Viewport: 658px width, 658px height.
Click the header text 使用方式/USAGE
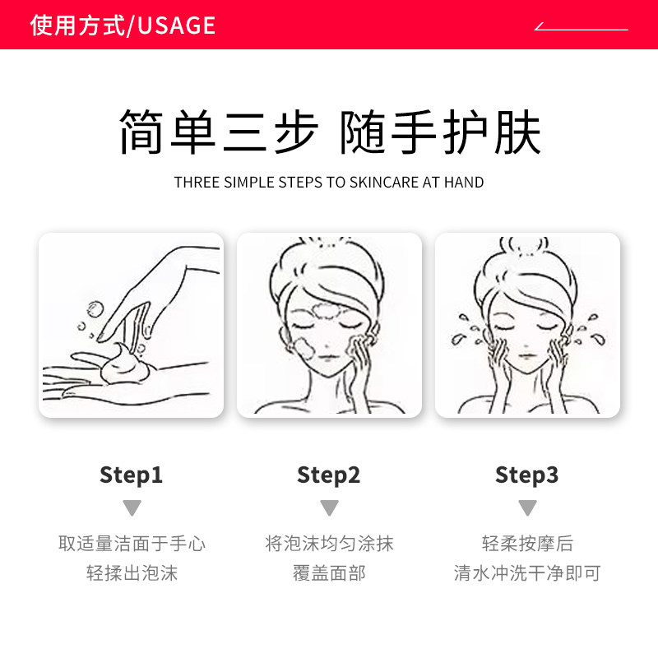(x=123, y=25)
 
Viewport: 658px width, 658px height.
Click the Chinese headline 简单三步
(x=218, y=132)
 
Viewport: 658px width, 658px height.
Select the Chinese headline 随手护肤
(x=441, y=132)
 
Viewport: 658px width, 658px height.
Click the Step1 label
(x=132, y=475)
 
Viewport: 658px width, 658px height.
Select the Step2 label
(x=329, y=475)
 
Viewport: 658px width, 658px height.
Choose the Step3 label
(x=526, y=475)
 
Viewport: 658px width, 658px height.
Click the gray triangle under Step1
(x=132, y=507)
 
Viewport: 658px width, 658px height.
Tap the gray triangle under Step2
(x=329, y=507)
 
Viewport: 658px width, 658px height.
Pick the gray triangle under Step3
(x=527, y=507)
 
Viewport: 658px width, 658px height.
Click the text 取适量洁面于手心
(x=132, y=544)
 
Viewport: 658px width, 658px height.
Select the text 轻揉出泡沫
(x=132, y=572)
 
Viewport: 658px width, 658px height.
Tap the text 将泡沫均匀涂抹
(x=329, y=544)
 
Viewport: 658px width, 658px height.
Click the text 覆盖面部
(x=329, y=572)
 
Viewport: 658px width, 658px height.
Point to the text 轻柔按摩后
(x=527, y=544)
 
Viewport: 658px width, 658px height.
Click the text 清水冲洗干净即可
(x=527, y=572)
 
